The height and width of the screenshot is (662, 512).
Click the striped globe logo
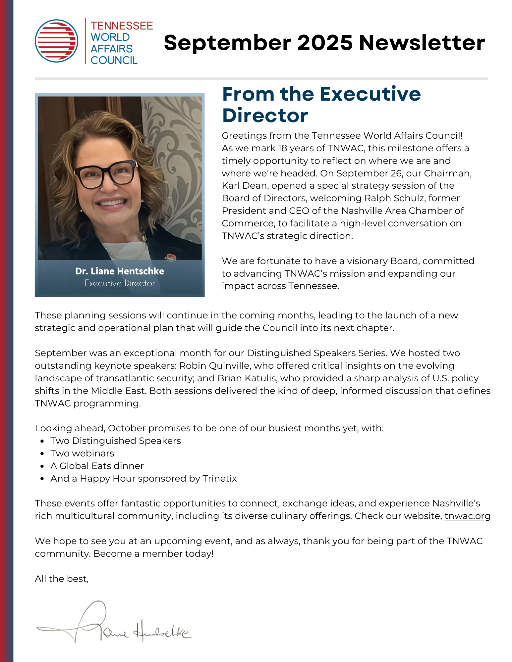click(57, 41)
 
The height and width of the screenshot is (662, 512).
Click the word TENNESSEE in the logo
click(122, 26)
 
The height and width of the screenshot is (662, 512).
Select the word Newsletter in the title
click(422, 43)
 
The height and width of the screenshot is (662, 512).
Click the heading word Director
click(265, 116)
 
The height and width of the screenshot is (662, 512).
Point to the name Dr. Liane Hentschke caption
click(120, 271)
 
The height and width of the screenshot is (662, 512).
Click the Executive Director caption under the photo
click(120, 283)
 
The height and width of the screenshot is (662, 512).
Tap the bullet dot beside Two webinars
click(42, 454)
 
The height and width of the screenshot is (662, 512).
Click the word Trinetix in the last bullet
click(219, 479)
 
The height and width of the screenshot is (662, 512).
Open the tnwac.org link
click(467, 516)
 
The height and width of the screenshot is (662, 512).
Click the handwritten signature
click(113, 624)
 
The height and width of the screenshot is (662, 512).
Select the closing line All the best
click(62, 579)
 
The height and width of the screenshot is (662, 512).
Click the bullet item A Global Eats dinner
click(97, 466)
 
